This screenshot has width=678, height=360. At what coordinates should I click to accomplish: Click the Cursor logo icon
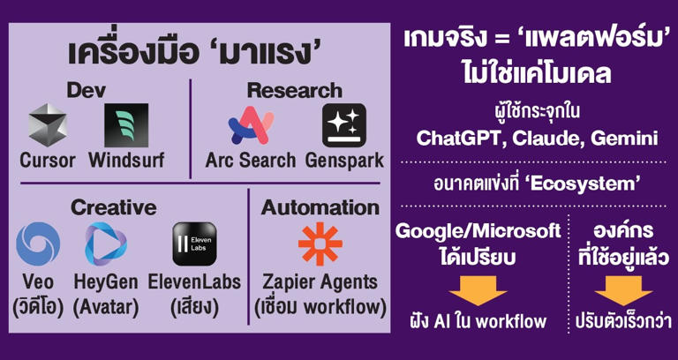tap(48, 125)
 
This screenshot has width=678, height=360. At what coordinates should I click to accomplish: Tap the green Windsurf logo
tap(126, 125)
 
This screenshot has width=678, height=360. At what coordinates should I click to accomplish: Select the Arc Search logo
tap(252, 125)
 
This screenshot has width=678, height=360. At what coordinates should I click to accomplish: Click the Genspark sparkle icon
tap(344, 125)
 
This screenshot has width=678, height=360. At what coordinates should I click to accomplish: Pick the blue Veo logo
tap(38, 244)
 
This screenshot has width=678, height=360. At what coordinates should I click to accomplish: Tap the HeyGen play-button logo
tap(106, 244)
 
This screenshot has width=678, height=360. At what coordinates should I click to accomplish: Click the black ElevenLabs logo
tap(194, 244)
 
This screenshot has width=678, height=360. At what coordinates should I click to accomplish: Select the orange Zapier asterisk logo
tap(320, 244)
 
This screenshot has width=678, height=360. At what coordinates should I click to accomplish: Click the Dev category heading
tap(87, 90)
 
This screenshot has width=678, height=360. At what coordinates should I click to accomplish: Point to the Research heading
tap(295, 90)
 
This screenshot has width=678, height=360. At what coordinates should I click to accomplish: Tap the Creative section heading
tap(114, 208)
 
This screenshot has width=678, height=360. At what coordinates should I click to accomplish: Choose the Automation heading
tap(320, 208)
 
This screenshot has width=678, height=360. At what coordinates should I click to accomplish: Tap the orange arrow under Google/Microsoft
tap(478, 291)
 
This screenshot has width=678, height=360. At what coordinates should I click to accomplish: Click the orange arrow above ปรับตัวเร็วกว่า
tap(623, 291)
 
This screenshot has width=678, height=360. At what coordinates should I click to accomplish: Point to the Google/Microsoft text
tap(478, 232)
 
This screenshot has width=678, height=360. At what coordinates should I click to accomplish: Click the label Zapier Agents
tap(320, 283)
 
